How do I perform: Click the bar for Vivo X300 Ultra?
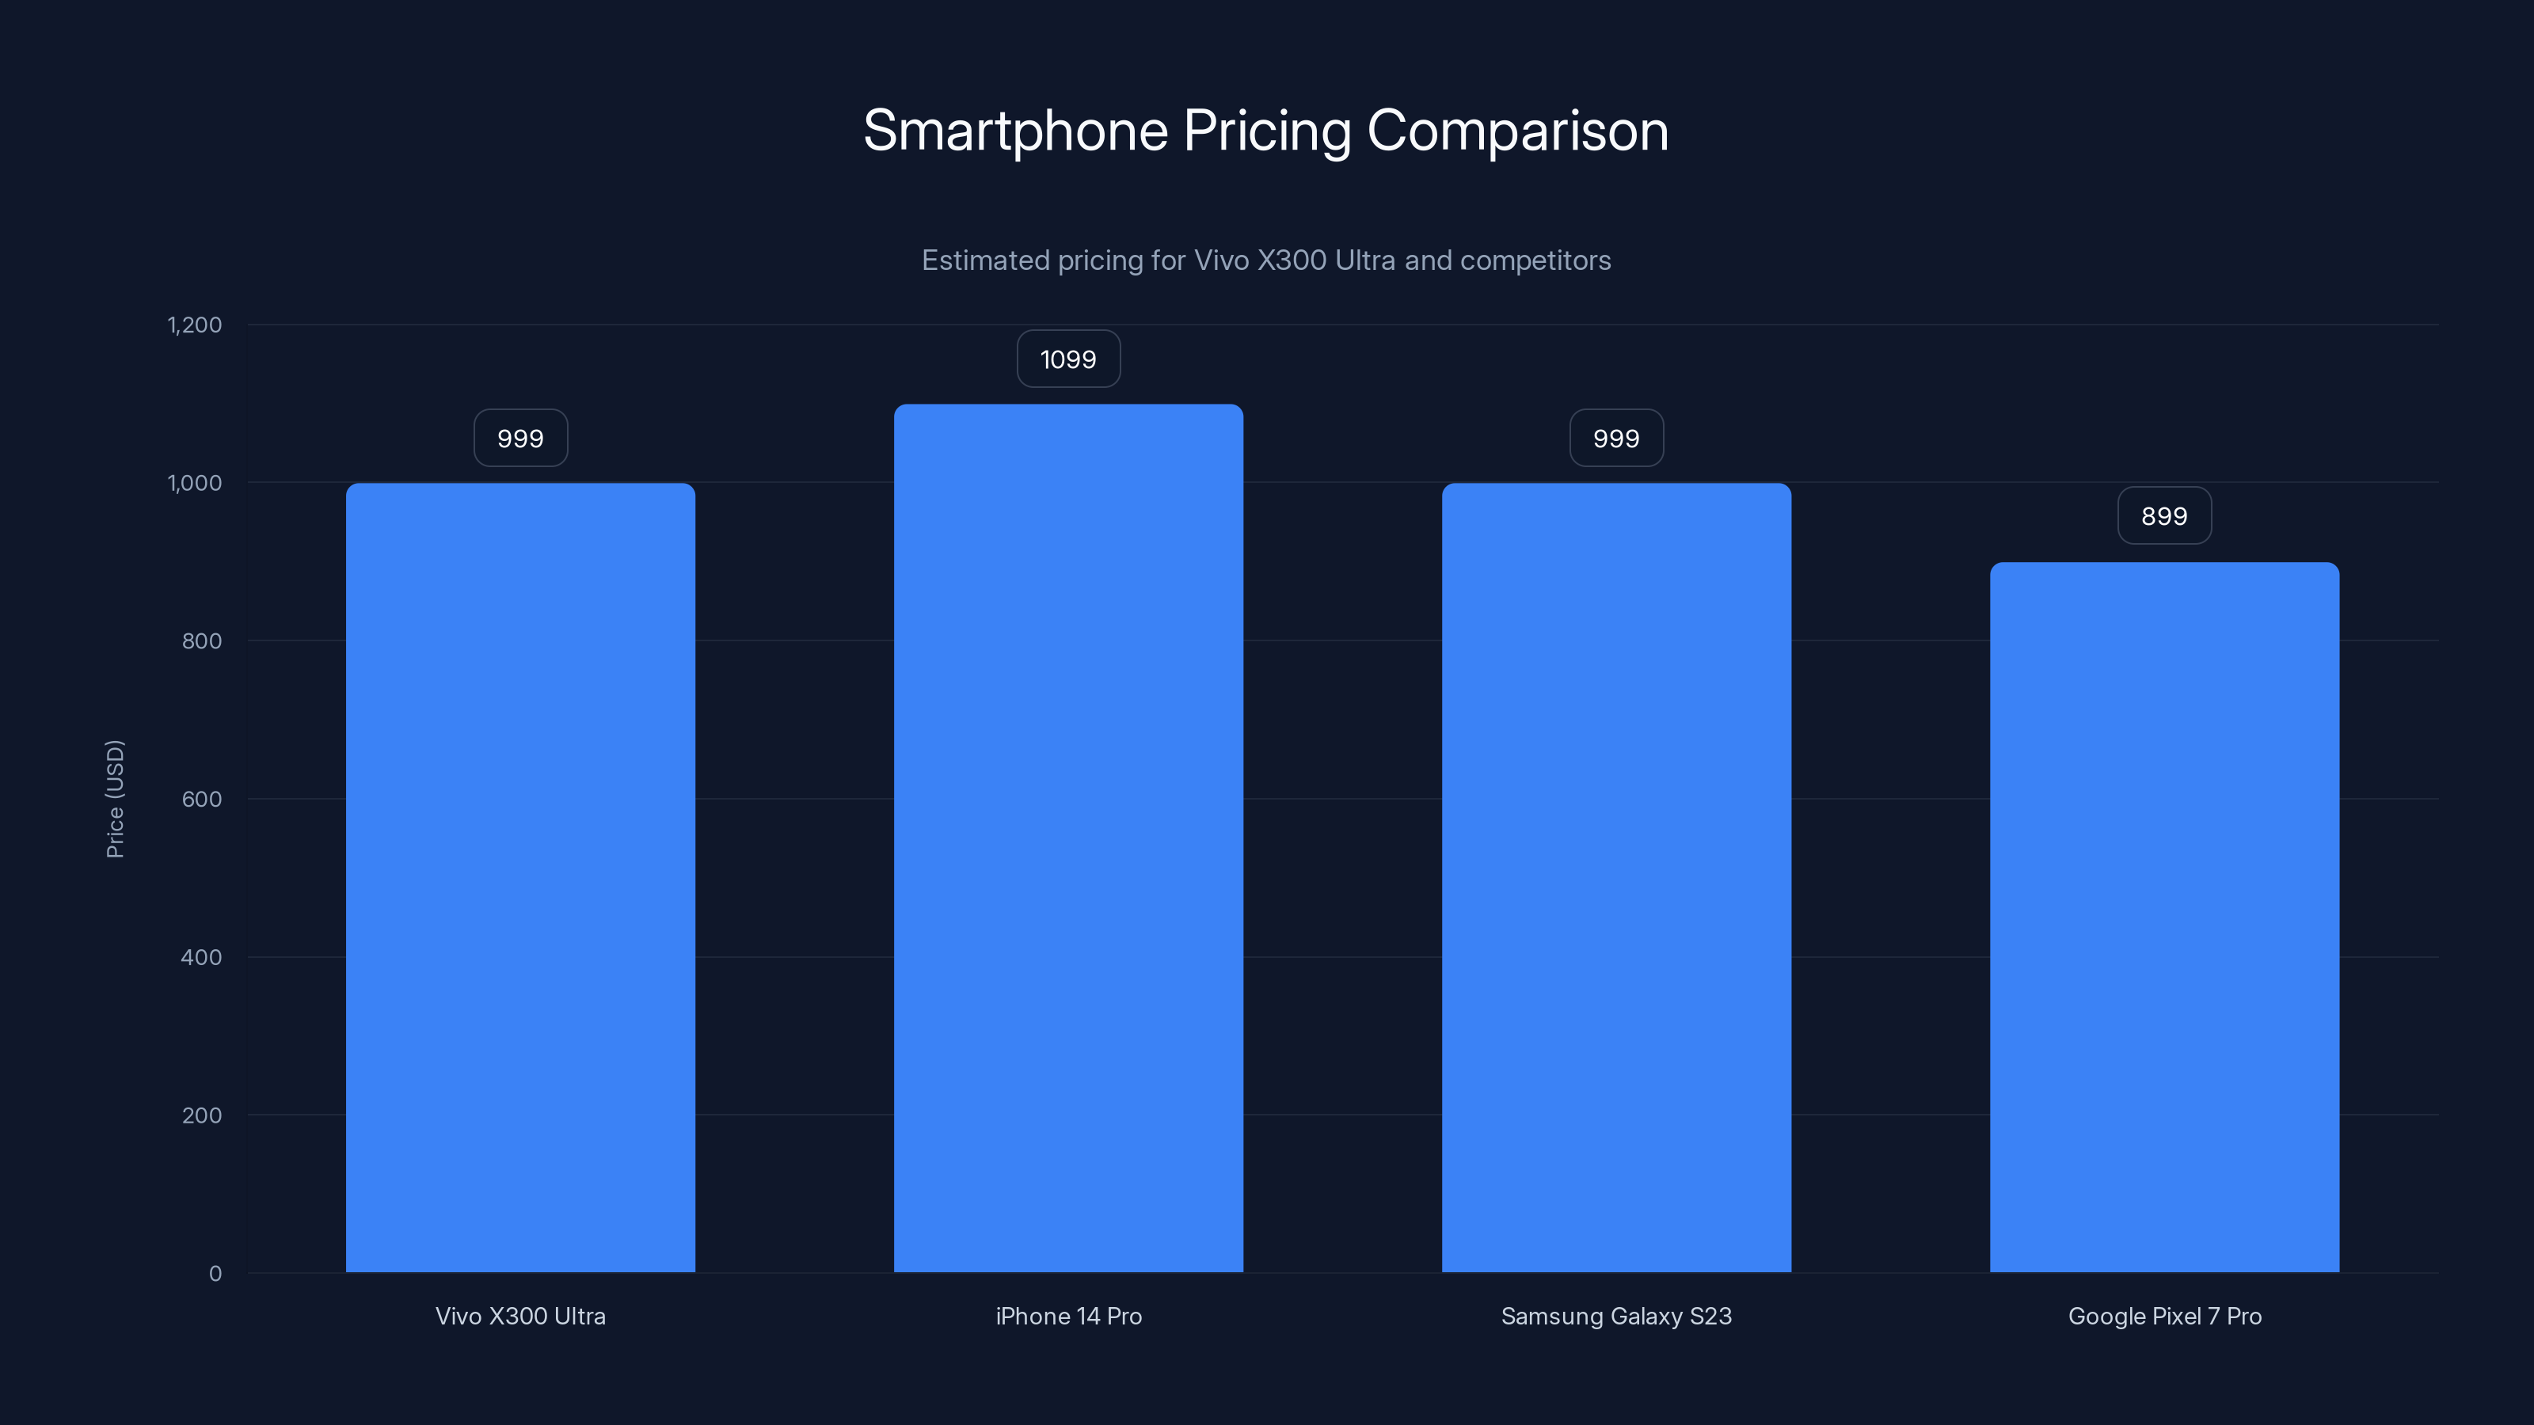(520, 877)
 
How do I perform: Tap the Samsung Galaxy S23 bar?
(1616, 877)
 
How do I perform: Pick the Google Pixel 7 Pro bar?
(2164, 917)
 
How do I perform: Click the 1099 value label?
(1068, 359)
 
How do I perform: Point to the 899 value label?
(2164, 516)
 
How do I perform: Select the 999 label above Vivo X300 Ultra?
(520, 439)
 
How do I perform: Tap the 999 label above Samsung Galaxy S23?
(1616, 439)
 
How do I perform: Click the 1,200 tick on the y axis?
(195, 325)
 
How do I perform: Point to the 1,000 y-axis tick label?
(195, 483)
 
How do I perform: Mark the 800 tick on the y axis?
(202, 641)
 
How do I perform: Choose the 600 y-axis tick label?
(202, 800)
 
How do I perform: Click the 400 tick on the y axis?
(202, 957)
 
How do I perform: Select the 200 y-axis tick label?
(202, 1115)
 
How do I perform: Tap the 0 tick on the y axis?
(215, 1274)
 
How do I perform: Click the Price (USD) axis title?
(115, 799)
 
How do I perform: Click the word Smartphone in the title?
(1015, 131)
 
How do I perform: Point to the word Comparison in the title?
(1518, 131)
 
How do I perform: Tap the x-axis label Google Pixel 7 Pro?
(2164, 1316)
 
